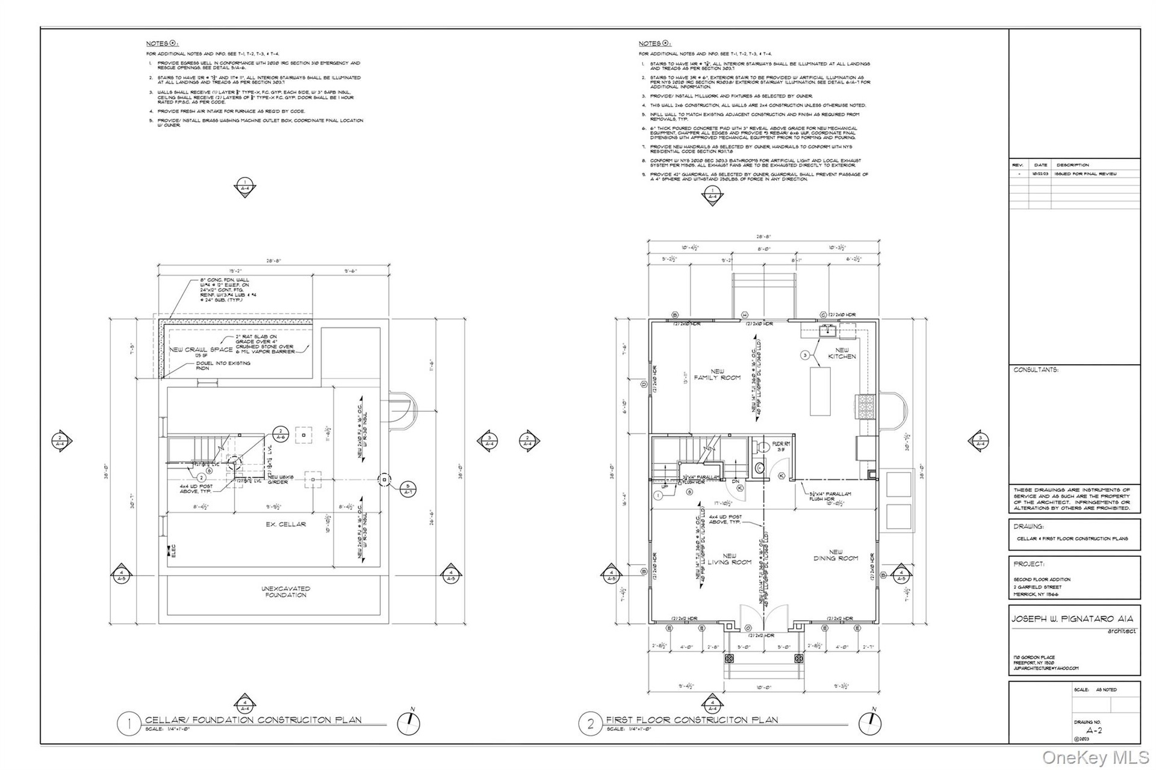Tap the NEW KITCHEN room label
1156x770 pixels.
click(841, 353)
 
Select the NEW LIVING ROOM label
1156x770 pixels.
click(729, 559)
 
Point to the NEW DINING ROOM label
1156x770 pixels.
click(836, 555)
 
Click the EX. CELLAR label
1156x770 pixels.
click(286, 524)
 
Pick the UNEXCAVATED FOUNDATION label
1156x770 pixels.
click(286, 592)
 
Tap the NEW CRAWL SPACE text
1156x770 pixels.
click(200, 350)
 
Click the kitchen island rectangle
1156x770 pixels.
click(820, 391)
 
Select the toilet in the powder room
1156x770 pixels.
click(763, 447)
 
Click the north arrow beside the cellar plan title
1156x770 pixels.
click(409, 723)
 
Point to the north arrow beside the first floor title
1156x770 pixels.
click(871, 723)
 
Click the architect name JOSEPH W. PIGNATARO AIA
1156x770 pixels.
click(1072, 619)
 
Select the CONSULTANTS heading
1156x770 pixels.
click(1036, 370)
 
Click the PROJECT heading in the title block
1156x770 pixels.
click(1028, 564)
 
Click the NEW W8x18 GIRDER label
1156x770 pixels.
click(278, 479)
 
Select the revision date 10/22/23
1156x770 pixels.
click(1040, 173)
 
